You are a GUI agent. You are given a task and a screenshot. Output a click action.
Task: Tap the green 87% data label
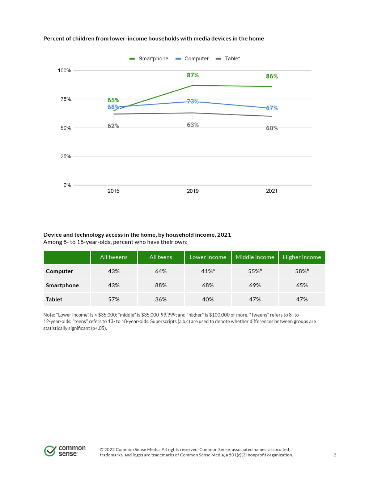[x=192, y=75]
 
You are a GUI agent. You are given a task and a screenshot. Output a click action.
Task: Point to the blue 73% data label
[x=192, y=101]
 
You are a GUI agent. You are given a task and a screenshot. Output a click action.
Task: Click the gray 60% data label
[x=272, y=128]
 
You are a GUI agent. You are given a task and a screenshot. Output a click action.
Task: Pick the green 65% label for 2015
[x=113, y=100]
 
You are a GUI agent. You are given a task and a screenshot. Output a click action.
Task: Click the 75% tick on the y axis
[x=65, y=99]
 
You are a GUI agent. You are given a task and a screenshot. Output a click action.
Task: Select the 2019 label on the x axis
[x=192, y=191]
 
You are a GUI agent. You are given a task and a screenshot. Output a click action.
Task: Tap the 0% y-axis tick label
[x=67, y=185]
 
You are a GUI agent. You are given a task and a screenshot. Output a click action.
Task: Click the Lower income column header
[x=208, y=257]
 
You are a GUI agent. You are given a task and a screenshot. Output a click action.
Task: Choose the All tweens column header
[x=114, y=257]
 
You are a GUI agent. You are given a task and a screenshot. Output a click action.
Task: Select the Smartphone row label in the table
[x=62, y=285]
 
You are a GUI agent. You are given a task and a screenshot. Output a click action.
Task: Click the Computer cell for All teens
[x=161, y=271]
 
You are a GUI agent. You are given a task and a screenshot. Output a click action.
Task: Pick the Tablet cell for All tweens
[x=114, y=300]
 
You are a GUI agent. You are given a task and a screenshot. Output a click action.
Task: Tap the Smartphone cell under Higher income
[x=302, y=285]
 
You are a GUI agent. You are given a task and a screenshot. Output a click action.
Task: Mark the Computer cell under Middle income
[x=255, y=271]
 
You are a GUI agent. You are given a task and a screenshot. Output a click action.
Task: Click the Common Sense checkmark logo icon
[x=50, y=451]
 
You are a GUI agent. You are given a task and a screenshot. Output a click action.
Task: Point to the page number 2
[x=335, y=455]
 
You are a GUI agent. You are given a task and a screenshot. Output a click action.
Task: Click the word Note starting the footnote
[x=49, y=315]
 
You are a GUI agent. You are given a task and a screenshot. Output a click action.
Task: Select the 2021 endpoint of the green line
[x=272, y=87]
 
